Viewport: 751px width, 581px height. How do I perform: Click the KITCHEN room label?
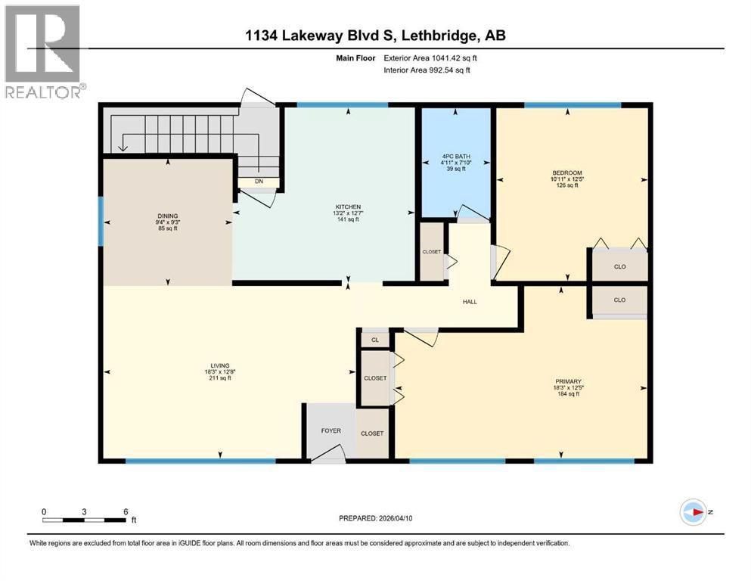tap(349, 207)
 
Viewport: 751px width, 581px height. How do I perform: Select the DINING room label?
tap(168, 216)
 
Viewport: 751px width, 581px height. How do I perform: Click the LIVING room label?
tap(220, 365)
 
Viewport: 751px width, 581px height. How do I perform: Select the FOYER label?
tap(331, 430)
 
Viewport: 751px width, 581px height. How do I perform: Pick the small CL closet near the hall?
tap(374, 340)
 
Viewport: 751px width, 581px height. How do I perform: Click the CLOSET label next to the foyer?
tap(371, 433)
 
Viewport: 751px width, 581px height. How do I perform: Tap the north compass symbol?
tap(693, 512)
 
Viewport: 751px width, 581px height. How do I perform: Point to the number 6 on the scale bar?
tap(125, 511)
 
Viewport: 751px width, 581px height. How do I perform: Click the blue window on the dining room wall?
tap(101, 222)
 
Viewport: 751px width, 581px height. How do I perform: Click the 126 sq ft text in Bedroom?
tap(566, 185)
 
